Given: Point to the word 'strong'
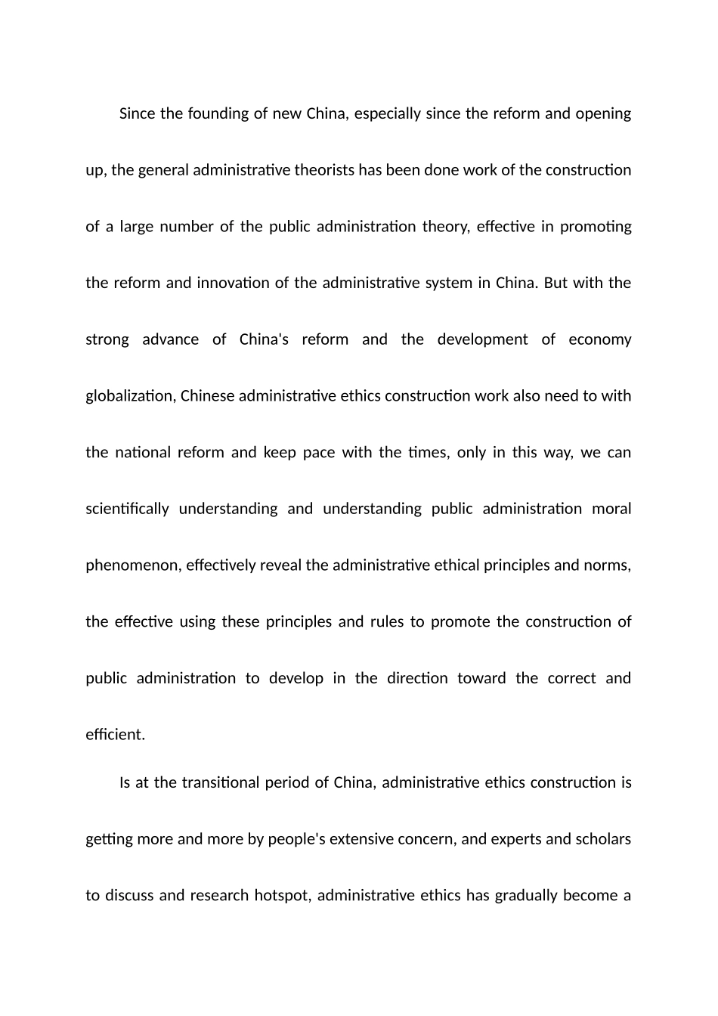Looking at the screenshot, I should [107, 339].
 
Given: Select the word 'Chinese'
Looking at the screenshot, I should [208, 396].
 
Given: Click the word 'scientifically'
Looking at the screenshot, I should [128, 509].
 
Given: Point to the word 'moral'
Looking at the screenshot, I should [611, 509].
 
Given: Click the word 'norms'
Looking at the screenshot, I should [610, 565].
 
